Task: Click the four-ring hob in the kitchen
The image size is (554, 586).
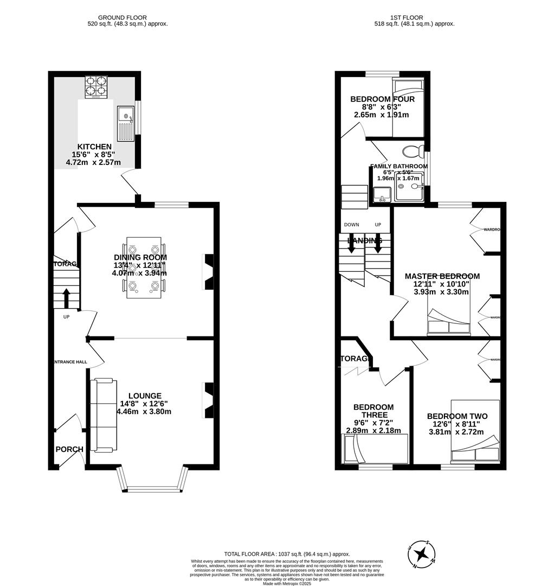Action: tap(95, 86)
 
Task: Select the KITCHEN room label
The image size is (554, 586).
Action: tap(94, 146)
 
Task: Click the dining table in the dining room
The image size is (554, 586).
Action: tap(144, 267)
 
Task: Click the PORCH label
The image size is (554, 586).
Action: tap(69, 449)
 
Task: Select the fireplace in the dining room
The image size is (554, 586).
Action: tap(208, 271)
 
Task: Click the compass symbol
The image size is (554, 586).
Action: tap(421, 554)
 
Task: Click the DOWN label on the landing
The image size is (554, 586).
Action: tap(351, 225)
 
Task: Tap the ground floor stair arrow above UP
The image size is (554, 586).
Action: tap(66, 298)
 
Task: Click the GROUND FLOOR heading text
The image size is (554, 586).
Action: tap(127, 17)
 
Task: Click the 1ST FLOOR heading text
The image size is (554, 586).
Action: tap(414, 17)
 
